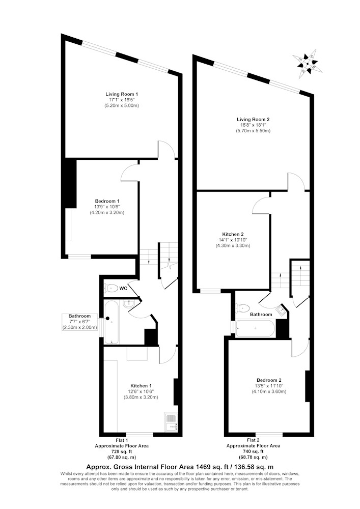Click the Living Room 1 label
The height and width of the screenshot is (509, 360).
tap(121, 94)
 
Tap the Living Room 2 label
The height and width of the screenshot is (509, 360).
tap(253, 119)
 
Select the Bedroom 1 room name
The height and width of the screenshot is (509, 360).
tap(107, 201)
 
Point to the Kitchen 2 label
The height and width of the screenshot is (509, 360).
tap(233, 234)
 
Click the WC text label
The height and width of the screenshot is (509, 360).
tap(123, 288)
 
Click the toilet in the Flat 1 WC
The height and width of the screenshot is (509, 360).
tap(110, 288)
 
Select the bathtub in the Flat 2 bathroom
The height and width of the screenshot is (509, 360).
tap(256, 328)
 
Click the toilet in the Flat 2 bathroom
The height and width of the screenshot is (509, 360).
tap(242, 308)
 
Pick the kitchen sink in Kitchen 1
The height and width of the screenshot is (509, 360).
tap(171, 422)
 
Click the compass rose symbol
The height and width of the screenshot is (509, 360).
tap(308, 64)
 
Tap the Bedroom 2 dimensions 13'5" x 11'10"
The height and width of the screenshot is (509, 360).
tap(269, 386)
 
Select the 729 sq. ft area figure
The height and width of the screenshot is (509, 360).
tap(121, 451)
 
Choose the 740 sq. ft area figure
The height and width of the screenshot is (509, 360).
tap(253, 451)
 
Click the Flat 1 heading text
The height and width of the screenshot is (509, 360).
tap(122, 440)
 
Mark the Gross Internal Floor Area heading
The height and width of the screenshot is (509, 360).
tap(180, 467)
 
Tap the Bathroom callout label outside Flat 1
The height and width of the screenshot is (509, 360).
tap(79, 316)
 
